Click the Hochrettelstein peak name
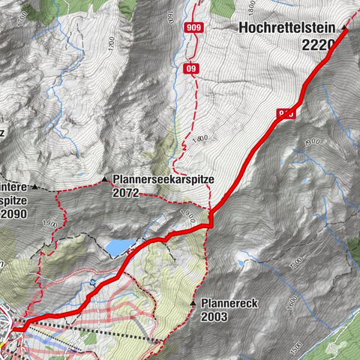tap(287, 28)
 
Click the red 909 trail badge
tap(193, 28)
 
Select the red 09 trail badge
tap(192, 69)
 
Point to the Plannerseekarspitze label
tap(164, 180)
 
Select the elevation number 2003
tap(214, 316)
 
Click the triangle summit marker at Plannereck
tap(193, 304)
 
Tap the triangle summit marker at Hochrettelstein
tap(345, 28)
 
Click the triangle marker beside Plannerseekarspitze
tap(104, 180)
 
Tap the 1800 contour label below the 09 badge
tap(201, 139)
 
